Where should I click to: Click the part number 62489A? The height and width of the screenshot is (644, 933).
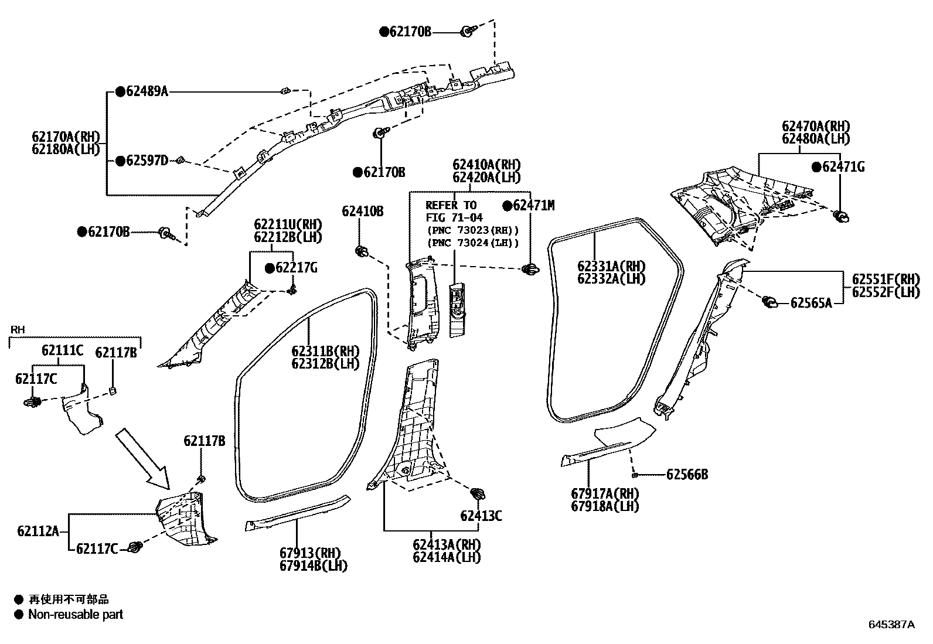(x=147, y=91)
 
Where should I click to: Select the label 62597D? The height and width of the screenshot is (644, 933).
(x=147, y=161)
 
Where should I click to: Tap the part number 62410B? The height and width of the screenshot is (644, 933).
(x=362, y=211)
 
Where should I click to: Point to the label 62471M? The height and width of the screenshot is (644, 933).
(x=533, y=205)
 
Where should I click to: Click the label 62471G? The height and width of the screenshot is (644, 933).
(x=843, y=167)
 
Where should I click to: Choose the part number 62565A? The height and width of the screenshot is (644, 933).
(x=811, y=303)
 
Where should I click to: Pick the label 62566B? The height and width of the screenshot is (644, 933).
(x=687, y=475)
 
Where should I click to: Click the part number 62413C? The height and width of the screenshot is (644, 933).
(x=481, y=516)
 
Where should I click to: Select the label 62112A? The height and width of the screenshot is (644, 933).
(x=38, y=531)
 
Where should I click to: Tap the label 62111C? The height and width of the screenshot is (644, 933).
(x=63, y=350)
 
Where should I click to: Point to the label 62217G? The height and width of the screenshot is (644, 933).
(x=297, y=268)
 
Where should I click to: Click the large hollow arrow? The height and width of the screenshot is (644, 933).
(x=144, y=458)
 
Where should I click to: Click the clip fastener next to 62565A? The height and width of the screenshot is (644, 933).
(x=769, y=302)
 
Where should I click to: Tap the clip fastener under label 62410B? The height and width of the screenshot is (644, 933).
(x=362, y=251)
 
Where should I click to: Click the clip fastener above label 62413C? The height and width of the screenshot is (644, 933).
(x=478, y=494)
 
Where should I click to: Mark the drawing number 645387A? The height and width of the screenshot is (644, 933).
(x=891, y=625)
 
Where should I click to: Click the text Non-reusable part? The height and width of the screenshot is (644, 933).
(x=76, y=615)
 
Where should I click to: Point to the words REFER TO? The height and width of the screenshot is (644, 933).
(x=451, y=205)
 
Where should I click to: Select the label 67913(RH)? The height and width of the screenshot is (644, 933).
(x=310, y=553)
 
